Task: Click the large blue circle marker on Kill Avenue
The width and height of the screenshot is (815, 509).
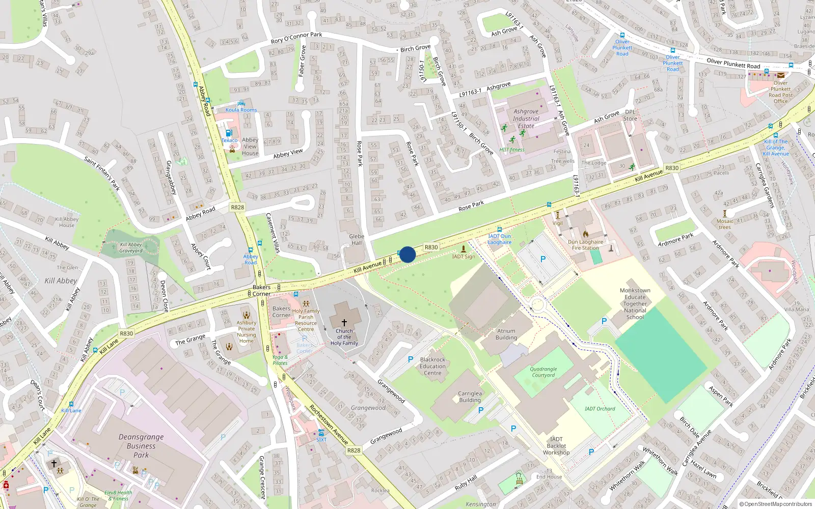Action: coord(407,254)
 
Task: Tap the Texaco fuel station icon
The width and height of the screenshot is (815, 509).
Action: coord(229,133)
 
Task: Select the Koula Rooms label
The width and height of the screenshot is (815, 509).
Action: coord(241,109)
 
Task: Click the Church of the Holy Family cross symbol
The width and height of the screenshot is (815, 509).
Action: coord(344,322)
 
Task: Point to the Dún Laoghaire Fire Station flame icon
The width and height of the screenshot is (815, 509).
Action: coord(585,234)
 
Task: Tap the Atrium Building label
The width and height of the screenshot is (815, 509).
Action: coord(506,334)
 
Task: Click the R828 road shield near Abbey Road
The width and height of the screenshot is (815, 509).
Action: coord(237,207)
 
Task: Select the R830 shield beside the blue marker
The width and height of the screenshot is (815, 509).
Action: coord(431,247)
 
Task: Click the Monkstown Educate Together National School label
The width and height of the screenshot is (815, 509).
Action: coord(635,304)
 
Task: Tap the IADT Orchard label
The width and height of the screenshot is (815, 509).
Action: coord(600,409)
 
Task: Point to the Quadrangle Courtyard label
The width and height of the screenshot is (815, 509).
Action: coord(543,372)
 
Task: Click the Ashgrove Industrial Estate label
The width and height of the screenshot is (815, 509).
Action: coord(526,119)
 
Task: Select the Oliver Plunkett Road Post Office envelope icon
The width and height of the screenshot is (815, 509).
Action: coord(781,75)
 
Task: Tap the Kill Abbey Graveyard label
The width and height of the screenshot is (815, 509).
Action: coord(131,247)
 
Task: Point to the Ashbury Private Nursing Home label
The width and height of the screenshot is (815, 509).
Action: coord(246,331)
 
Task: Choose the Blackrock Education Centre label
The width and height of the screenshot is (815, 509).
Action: coord(432,366)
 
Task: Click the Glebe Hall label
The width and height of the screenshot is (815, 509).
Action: coord(357,239)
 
